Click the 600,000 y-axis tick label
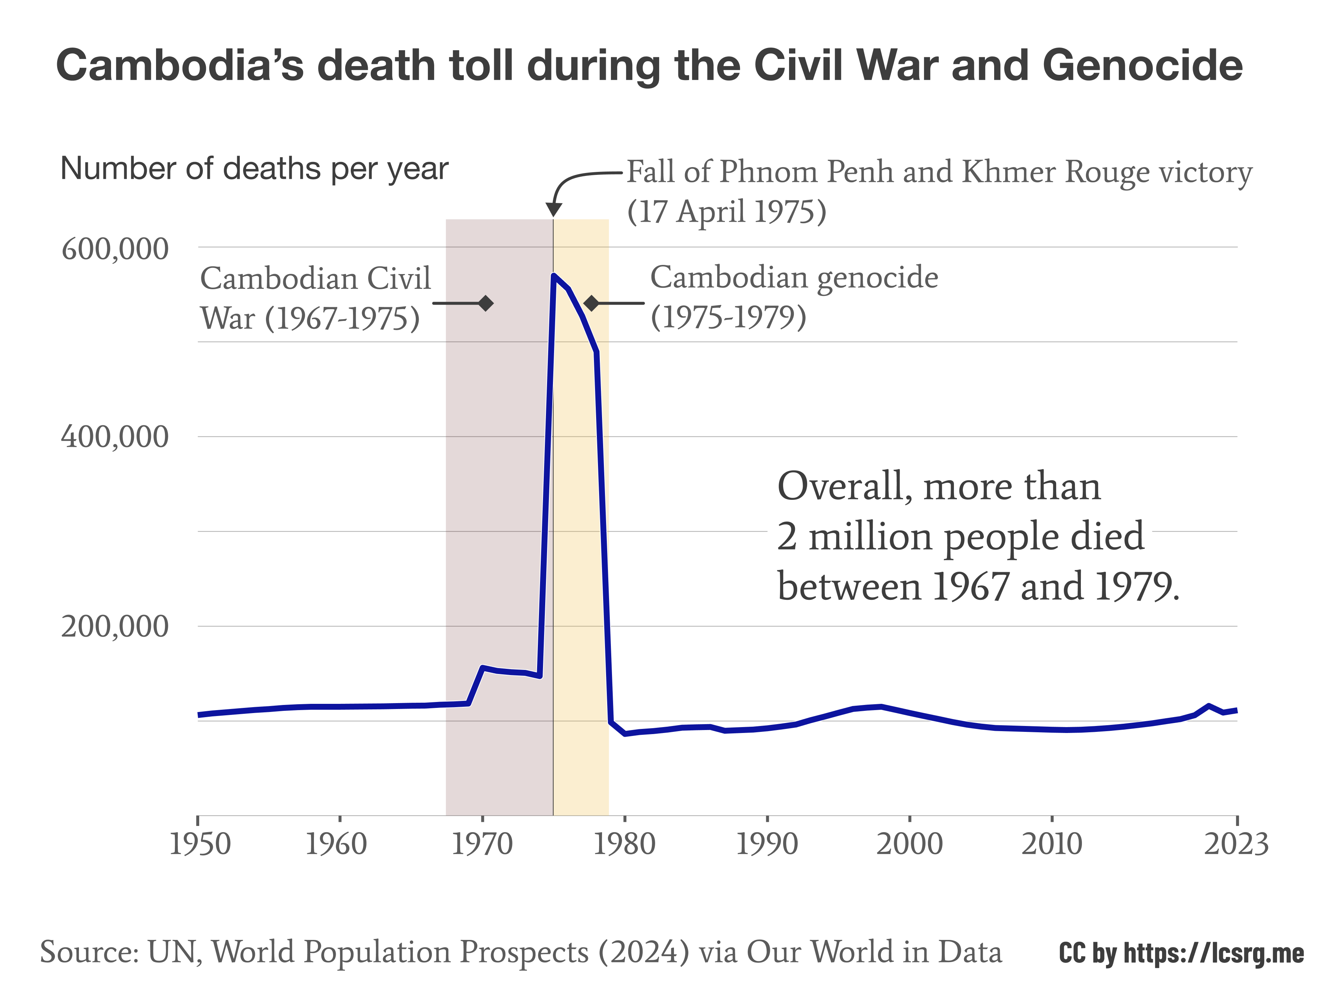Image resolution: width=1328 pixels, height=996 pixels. (115, 249)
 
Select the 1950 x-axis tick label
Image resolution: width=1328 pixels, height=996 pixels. (200, 844)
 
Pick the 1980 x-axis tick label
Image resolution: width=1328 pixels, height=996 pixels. (625, 844)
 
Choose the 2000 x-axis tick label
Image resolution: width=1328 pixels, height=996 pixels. (910, 844)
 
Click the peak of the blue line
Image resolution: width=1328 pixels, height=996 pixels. (554, 276)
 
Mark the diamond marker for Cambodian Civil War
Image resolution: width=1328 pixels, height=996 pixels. (486, 303)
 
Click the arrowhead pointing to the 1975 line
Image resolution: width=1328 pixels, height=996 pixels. (554, 210)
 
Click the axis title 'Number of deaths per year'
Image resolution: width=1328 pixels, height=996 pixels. (254, 169)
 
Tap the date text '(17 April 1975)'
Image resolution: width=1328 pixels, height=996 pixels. (726, 211)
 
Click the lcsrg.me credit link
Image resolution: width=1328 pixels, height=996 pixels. (1180, 953)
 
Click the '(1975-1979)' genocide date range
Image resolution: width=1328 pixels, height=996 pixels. (728, 317)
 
